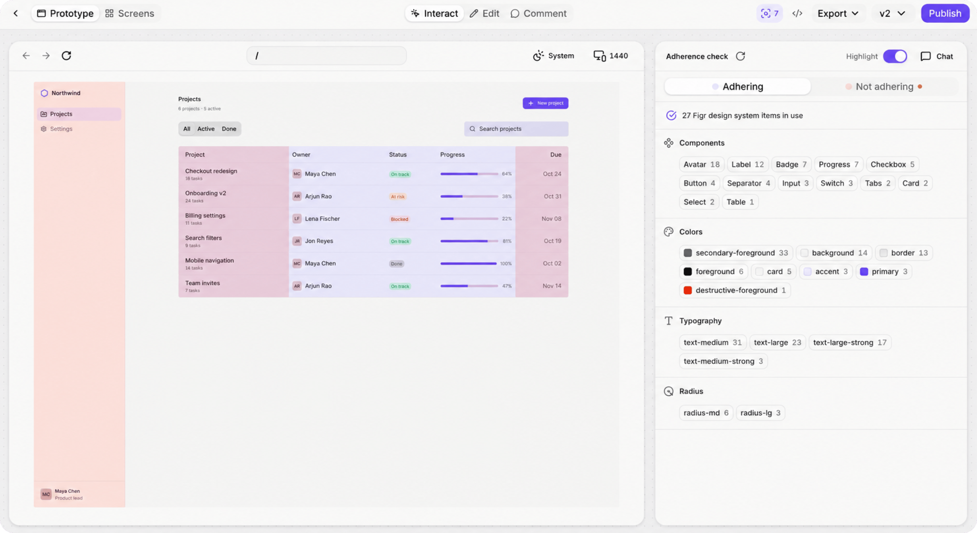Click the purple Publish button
pyautogui.click(x=945, y=13)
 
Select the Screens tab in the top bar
pyautogui.click(x=130, y=13)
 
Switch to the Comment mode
pyautogui.click(x=539, y=13)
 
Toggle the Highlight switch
pyautogui.click(x=895, y=56)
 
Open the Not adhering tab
pyautogui.click(x=884, y=86)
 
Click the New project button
pyautogui.click(x=545, y=103)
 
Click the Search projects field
pyautogui.click(x=516, y=129)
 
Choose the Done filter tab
pyautogui.click(x=229, y=129)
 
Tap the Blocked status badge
pyautogui.click(x=399, y=219)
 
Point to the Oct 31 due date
pyautogui.click(x=553, y=196)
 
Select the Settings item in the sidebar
pyautogui.click(x=61, y=129)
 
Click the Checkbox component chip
pyautogui.click(x=892, y=165)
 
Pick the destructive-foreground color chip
pyautogui.click(x=735, y=290)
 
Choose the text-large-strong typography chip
pyautogui.click(x=850, y=343)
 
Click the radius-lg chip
pyautogui.click(x=761, y=413)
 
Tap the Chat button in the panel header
pyautogui.click(x=937, y=56)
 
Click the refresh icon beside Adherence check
pyautogui.click(x=740, y=56)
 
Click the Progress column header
pyautogui.click(x=453, y=155)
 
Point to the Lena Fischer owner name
pyautogui.click(x=322, y=219)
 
